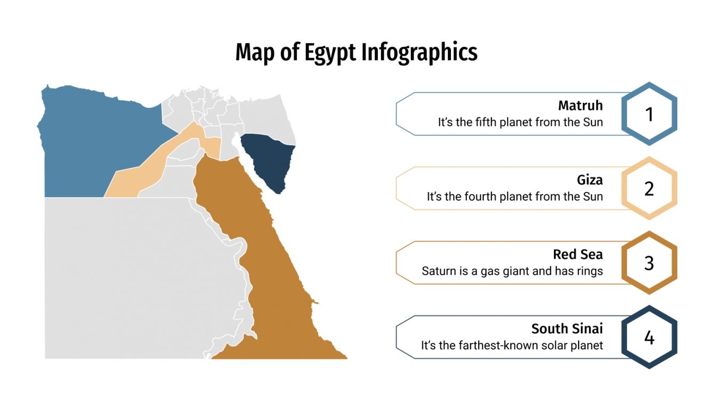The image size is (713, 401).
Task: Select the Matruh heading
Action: pos(580,106)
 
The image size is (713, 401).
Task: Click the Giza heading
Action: pos(590,180)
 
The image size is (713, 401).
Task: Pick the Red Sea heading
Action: pos(577,254)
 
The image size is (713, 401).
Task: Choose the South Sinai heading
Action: pos(567,328)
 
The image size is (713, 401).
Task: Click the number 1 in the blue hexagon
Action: pos(649,114)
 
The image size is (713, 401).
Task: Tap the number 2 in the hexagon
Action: pos(649,189)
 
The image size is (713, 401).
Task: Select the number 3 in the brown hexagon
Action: pos(649,263)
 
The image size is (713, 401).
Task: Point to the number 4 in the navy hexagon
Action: pos(649,338)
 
